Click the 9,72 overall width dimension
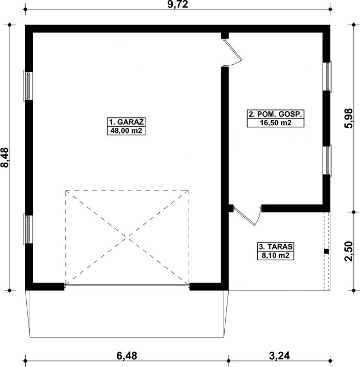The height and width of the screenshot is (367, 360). [x=178, y=4]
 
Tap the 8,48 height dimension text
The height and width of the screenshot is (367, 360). [x=4, y=158]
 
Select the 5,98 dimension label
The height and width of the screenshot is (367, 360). [x=348, y=118]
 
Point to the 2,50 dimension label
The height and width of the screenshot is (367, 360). [x=348, y=251]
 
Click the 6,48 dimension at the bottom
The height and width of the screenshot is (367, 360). [x=127, y=356]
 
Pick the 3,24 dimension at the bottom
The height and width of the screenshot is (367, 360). [x=280, y=356]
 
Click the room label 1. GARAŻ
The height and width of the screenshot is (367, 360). [x=126, y=122]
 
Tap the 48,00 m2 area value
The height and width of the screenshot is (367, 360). [x=126, y=131]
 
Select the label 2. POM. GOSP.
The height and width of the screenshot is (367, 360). [x=276, y=114]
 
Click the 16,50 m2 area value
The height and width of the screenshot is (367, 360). [x=276, y=123]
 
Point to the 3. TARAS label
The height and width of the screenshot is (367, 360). [x=276, y=247]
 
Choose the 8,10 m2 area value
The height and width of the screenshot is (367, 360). [x=276, y=255]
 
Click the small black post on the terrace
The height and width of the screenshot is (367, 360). [x=326, y=251]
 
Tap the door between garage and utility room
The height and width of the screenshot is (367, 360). [x=232, y=52]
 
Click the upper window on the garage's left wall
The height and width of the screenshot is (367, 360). [x=28, y=86]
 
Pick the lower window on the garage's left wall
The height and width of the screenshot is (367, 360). [x=28, y=230]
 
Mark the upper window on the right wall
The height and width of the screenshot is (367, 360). [x=327, y=76]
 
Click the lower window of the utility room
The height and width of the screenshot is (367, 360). [x=327, y=160]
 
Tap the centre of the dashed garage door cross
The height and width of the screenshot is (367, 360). [x=127, y=237]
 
